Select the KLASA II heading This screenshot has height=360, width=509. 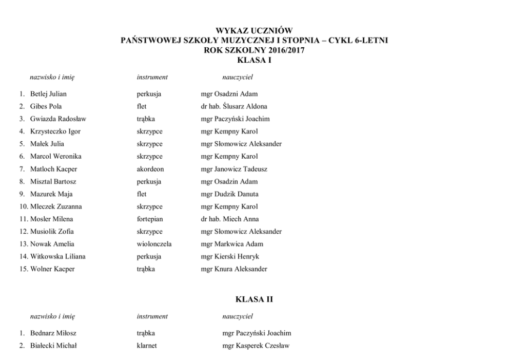pos(254,299)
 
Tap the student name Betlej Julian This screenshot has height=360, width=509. pos(48,94)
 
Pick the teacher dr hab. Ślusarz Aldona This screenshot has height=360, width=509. pos(234,106)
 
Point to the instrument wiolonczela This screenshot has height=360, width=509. pos(154,244)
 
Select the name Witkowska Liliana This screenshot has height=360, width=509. pos(58,256)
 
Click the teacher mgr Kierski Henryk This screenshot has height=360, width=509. pos(230,256)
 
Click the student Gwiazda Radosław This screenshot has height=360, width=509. pos(58,119)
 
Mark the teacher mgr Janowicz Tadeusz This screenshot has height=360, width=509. pos(234,169)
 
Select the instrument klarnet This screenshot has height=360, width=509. pos(147,346)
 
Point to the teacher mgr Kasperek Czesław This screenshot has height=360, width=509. pos(256,346)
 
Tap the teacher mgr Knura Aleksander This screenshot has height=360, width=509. pos(234,269)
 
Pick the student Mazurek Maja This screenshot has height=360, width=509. pos(51,194)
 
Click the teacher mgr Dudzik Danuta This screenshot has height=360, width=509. pos(230,194)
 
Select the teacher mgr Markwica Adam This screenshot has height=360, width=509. pos(232,244)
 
